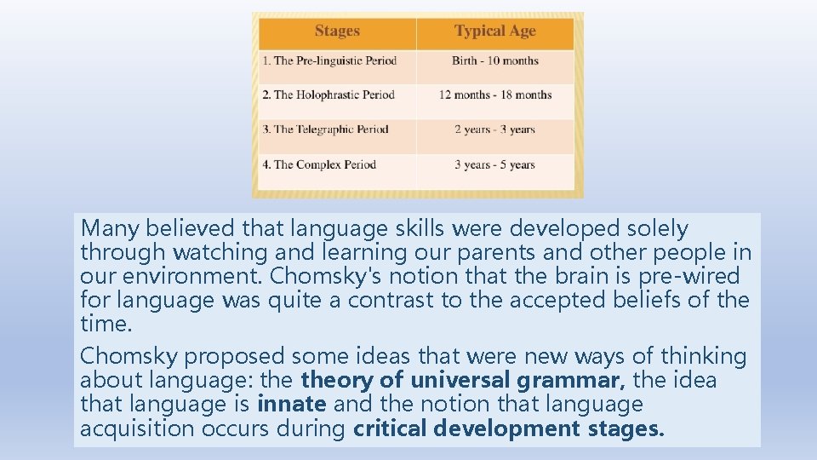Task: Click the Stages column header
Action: tap(337, 32)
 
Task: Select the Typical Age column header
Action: tap(494, 32)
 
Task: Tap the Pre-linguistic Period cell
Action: tap(329, 60)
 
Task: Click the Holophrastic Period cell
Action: tap(329, 95)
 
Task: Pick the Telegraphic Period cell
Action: tap(325, 129)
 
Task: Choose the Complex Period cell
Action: tap(319, 164)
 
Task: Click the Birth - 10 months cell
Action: tap(495, 60)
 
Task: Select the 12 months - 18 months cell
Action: tap(495, 95)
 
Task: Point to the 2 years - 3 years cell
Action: tap(494, 129)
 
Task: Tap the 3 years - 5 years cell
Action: tap(494, 164)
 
